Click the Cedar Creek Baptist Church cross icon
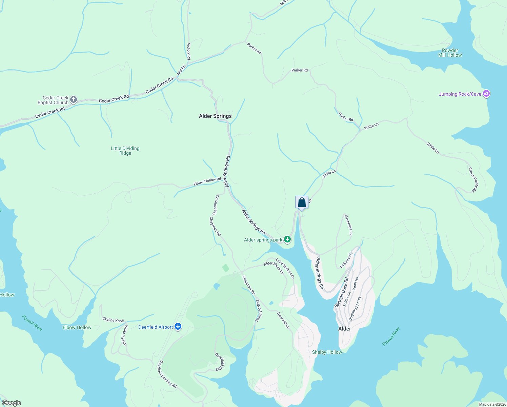74,100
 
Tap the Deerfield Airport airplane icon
178,327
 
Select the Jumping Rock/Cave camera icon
486,94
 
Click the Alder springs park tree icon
287,239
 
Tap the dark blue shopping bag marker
302,202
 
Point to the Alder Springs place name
215,116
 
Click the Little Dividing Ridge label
125,151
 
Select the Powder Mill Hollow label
450,53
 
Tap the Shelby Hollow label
327,352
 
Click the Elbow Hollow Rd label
207,181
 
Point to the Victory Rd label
189,52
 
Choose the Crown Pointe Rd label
473,179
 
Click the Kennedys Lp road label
348,225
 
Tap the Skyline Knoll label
113,320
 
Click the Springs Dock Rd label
342,292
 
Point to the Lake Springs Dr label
285,269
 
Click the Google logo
12,403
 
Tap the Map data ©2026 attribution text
492,404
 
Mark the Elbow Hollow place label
77,327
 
